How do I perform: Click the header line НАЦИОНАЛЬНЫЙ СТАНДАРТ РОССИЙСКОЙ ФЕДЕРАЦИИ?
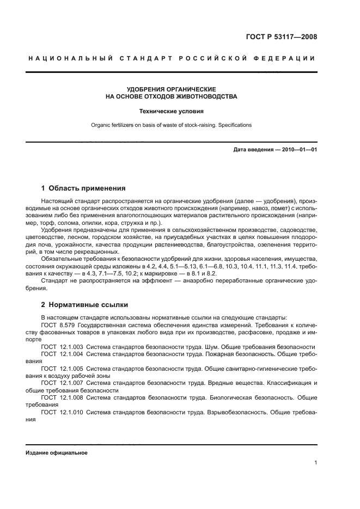[x=171, y=59]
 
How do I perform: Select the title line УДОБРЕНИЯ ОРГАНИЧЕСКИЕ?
[x=171, y=89]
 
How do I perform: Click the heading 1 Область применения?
[x=83, y=188]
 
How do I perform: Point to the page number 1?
[x=315, y=463]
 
